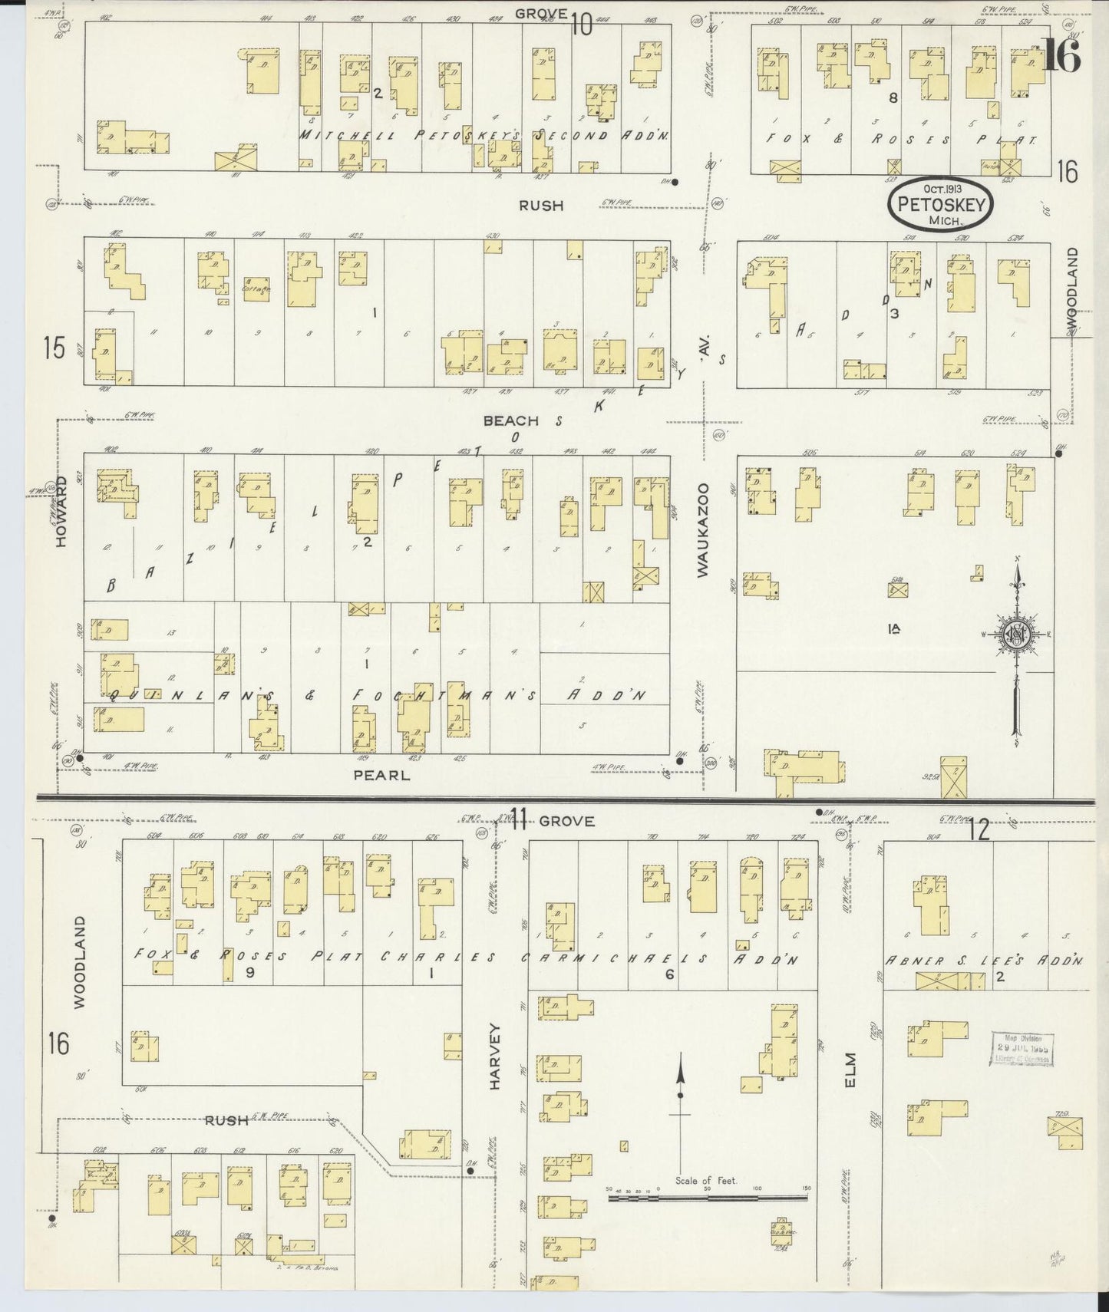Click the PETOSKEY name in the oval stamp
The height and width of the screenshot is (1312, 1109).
940,204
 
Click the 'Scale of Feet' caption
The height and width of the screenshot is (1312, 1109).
706,1180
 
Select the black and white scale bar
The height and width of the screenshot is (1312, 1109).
706,1195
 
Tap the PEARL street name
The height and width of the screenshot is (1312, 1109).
381,775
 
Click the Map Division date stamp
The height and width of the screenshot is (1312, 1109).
1022,1049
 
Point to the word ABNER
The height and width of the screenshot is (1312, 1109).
915,960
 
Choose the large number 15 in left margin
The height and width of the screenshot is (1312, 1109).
54,348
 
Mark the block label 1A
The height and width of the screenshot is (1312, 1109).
893,629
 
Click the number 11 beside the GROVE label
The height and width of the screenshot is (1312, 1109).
518,820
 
